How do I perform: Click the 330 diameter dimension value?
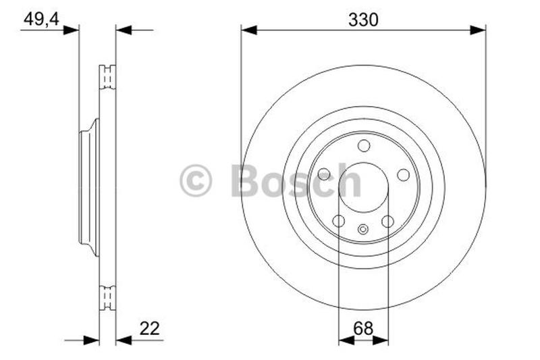coord(363,20)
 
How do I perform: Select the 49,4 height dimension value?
coord(41,19)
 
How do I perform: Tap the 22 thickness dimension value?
coord(149,328)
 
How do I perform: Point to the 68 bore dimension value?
coord(363,328)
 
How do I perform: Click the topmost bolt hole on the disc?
coord(364,146)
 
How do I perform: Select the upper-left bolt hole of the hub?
coord(324,174)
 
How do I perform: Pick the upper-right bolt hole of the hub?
coord(403,175)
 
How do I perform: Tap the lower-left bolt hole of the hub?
coord(339,221)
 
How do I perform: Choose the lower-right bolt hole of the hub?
coord(387,221)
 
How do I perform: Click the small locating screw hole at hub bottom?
coord(363,229)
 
